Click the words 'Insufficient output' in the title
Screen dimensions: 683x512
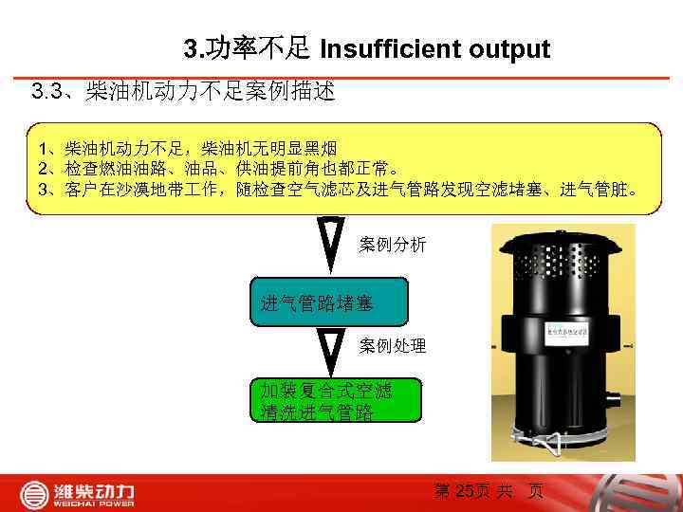(435, 48)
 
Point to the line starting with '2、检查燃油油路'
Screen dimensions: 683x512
(218, 169)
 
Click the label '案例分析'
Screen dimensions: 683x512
(393, 245)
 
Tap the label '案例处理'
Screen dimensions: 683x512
(393, 346)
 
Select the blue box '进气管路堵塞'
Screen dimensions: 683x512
(328, 302)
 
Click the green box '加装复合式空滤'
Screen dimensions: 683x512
(328, 390)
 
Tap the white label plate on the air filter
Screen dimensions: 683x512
(570, 332)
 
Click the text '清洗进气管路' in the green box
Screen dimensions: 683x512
(317, 412)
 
